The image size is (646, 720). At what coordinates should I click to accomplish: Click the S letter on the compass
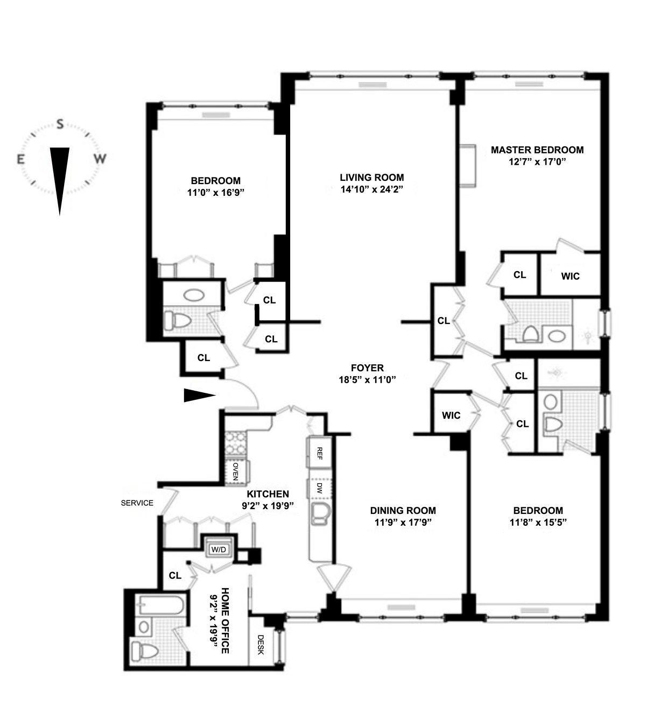point(60,124)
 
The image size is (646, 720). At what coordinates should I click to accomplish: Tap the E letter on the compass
point(21,160)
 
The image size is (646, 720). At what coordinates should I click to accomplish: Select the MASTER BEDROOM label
point(537,150)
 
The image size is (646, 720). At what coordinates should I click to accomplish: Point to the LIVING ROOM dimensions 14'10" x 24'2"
point(372,189)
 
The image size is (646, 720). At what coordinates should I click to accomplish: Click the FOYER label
point(367,368)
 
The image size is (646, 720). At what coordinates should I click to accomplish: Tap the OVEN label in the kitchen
point(235,471)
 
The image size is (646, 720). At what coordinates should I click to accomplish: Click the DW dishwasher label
point(319,488)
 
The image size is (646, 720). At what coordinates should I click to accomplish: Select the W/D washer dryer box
point(219,550)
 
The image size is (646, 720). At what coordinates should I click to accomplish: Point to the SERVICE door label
point(137,503)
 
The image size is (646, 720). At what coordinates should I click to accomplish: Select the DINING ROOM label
point(403,510)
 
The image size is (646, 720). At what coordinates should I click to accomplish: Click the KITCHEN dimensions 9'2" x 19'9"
point(268,505)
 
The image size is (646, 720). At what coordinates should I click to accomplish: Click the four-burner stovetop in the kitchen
point(235,442)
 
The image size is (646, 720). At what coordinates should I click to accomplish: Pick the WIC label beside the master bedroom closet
point(570,276)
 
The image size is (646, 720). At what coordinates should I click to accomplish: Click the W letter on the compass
point(101,159)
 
